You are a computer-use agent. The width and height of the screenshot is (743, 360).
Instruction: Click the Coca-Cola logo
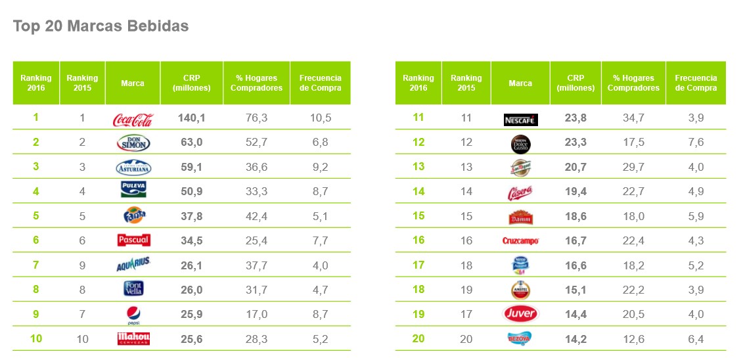[133, 120]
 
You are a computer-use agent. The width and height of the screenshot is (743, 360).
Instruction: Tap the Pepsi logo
[133, 315]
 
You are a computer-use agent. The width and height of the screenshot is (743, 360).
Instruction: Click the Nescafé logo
[520, 120]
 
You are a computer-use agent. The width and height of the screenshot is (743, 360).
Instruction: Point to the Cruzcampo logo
[520, 241]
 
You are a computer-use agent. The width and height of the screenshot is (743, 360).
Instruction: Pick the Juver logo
[520, 314]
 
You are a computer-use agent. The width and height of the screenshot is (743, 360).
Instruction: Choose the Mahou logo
[133, 339]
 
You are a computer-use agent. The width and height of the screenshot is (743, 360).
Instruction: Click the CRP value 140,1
[191, 118]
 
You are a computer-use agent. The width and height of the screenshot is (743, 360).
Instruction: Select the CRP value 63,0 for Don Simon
[191, 143]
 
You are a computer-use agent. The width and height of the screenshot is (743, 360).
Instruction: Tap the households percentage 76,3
[256, 118]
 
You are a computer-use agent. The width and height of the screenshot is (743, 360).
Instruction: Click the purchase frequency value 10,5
[320, 118]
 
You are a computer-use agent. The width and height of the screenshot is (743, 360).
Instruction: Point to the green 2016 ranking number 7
[36, 265]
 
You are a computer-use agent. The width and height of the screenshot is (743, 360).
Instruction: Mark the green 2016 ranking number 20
[418, 339]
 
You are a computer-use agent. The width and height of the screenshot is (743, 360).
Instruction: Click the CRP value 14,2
[575, 339]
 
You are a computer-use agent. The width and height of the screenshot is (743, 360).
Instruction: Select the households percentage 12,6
[633, 339]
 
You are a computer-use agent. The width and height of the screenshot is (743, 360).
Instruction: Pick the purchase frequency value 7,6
[696, 143]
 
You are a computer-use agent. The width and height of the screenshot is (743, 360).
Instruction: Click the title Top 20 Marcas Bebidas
[101, 26]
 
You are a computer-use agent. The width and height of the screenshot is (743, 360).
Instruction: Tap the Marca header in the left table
[133, 83]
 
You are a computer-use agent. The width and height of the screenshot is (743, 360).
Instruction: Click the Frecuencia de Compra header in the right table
[696, 83]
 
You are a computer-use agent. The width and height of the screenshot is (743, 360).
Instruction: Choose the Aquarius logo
[133, 265]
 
